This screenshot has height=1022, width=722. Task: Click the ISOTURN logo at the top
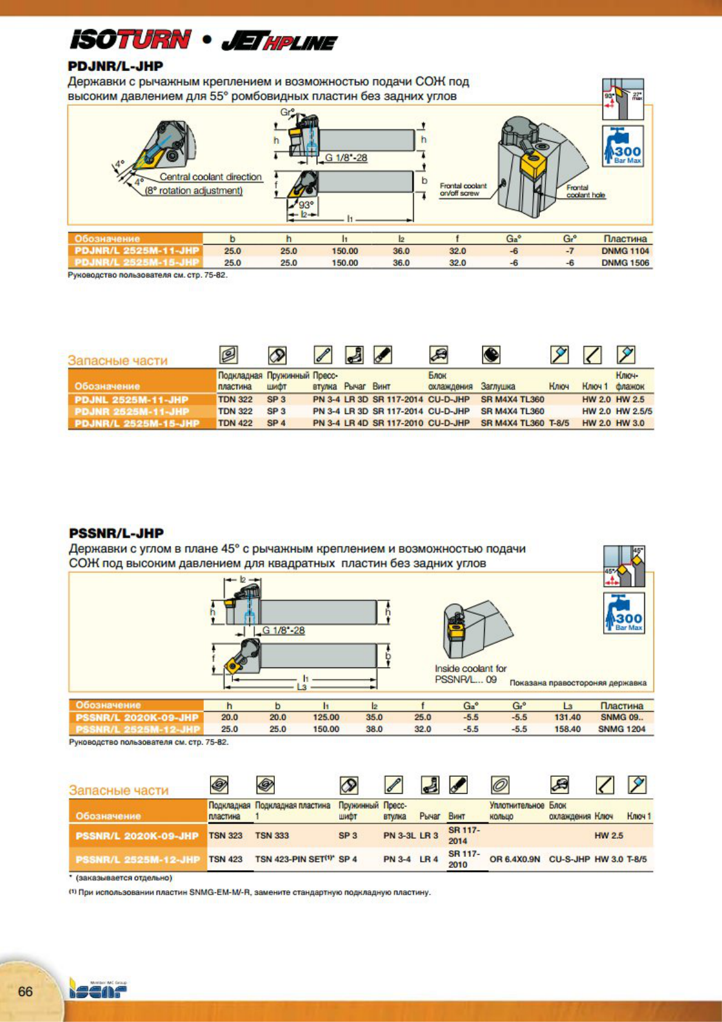point(130,40)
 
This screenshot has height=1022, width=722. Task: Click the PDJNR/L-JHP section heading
point(115,66)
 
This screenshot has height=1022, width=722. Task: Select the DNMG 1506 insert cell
point(625,263)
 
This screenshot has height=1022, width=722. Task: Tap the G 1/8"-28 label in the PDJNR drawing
point(346,158)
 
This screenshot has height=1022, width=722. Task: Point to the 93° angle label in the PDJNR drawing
point(306,205)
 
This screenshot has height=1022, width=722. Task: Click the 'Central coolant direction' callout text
point(211,177)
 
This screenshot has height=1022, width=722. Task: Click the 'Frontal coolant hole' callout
point(585,191)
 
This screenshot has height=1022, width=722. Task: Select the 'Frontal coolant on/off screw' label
point(463,189)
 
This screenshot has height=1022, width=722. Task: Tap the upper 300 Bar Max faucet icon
point(623,146)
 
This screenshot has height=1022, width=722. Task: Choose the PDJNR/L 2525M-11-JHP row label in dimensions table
point(137,251)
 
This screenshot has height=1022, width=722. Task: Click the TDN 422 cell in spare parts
point(235,423)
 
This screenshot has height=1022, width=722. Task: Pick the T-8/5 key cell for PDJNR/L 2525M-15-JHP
point(559,423)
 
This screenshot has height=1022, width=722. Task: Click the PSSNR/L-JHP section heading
point(116,533)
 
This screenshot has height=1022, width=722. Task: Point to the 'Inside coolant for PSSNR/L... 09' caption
point(470,674)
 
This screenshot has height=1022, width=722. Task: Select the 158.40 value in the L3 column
point(567,729)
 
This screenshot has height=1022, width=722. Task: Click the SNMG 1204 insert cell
point(621,729)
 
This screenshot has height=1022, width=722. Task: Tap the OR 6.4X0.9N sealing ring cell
point(515,859)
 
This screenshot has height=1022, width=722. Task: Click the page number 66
point(25,991)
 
